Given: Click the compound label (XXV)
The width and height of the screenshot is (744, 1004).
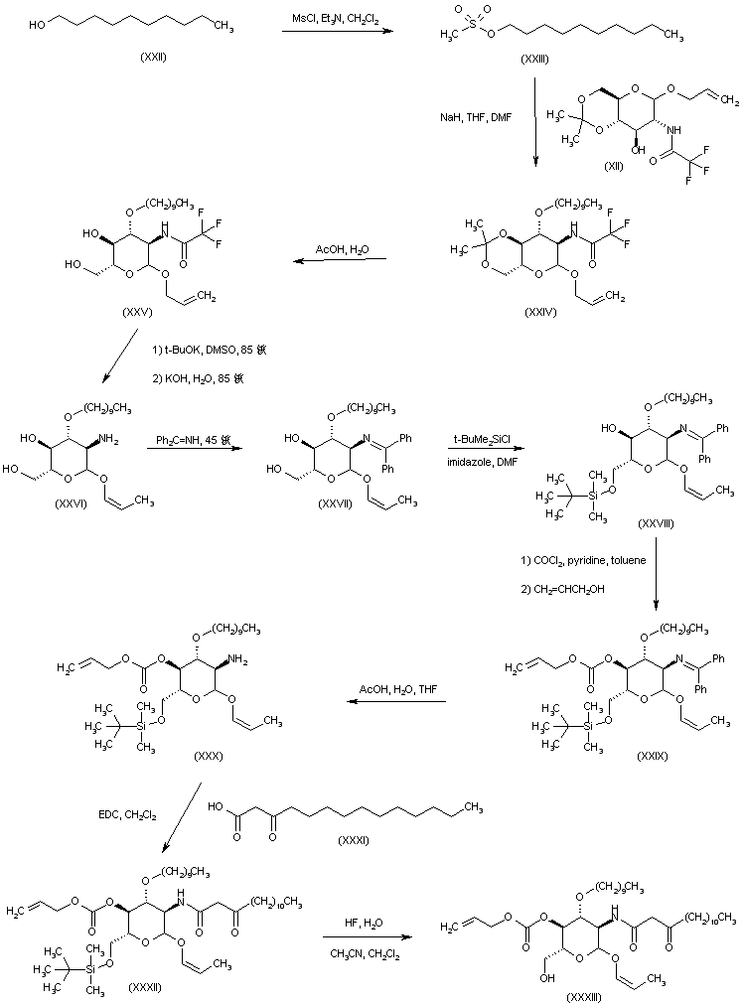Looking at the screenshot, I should coord(138,312).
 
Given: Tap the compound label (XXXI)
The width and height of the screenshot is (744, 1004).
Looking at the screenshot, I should coord(352,841).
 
